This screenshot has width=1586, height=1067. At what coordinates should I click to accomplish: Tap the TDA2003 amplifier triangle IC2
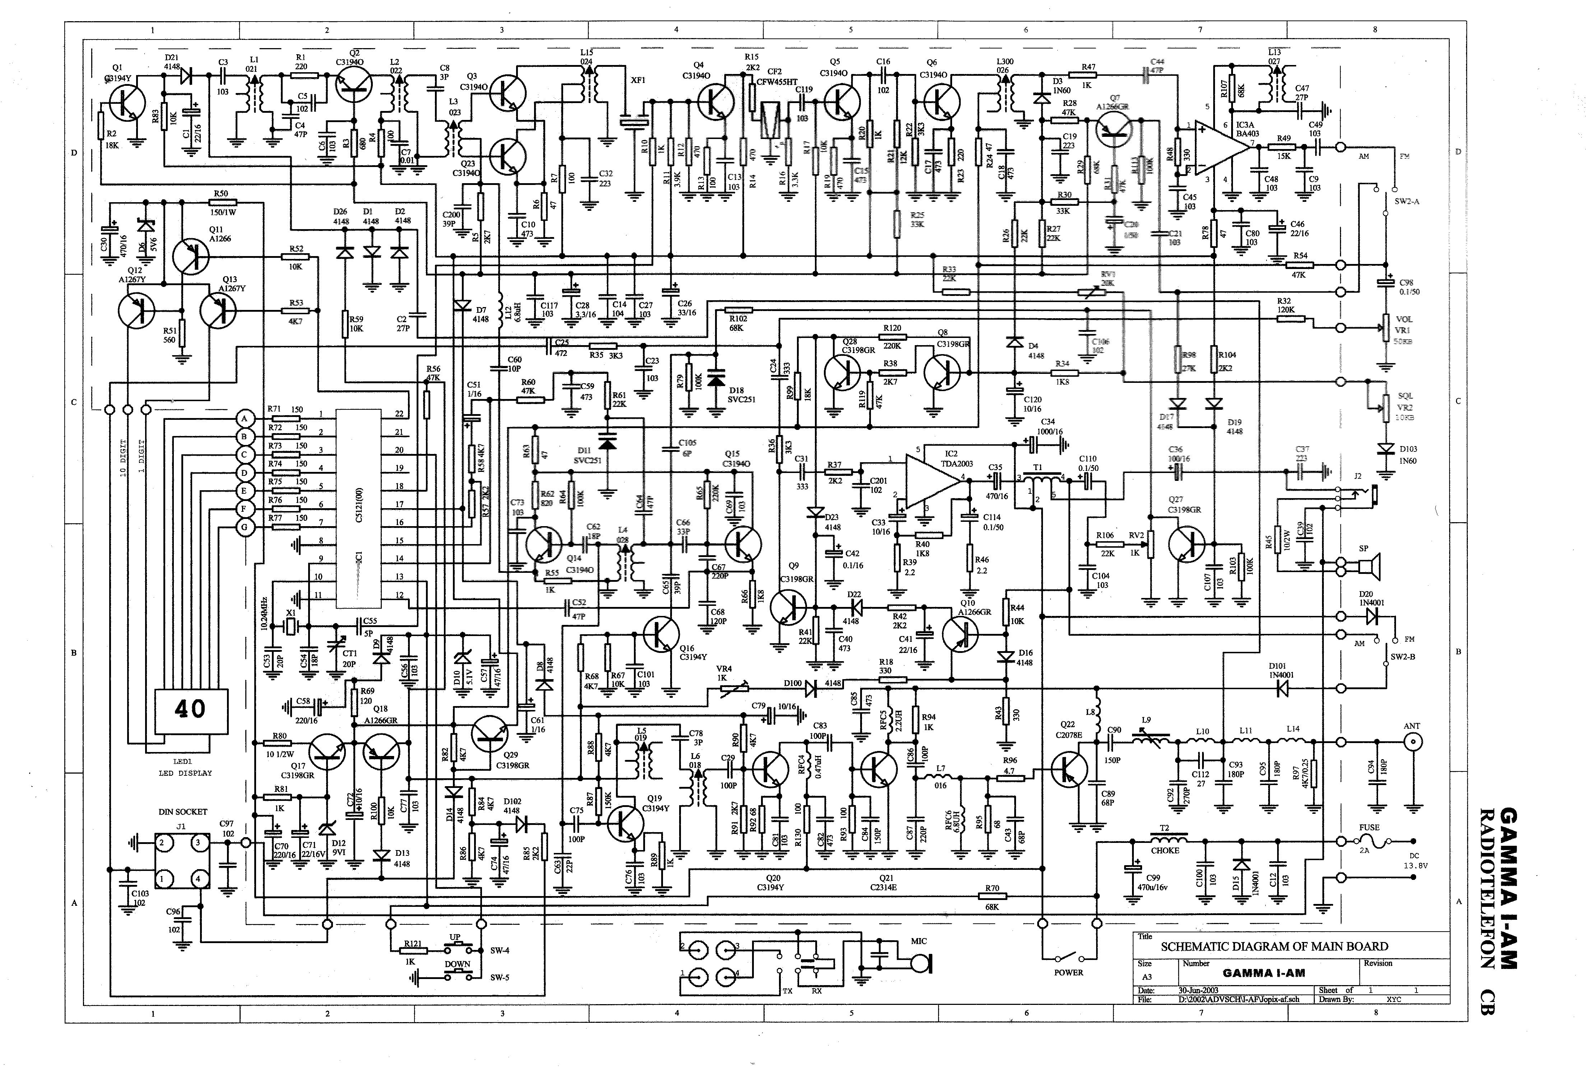[x=932, y=478]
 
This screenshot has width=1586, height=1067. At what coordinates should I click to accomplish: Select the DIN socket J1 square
[x=180, y=861]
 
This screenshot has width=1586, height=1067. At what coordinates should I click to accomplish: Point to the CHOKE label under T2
[x=1165, y=850]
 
